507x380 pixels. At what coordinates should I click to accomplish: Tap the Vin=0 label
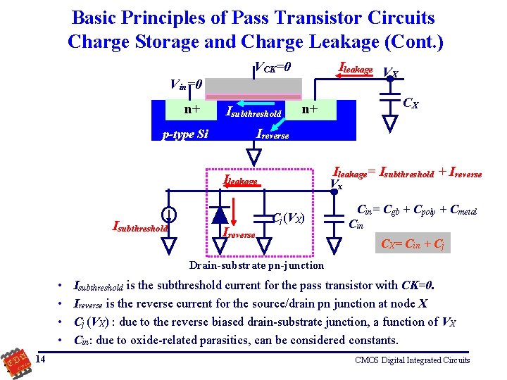tap(187, 84)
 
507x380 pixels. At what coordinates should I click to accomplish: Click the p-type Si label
tap(185, 134)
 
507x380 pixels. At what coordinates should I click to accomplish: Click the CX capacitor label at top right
tap(411, 104)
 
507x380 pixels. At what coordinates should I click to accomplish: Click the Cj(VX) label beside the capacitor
tap(288, 217)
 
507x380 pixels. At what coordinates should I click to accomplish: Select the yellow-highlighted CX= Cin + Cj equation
tap(413, 244)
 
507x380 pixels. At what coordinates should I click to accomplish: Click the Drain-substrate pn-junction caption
tap(257, 265)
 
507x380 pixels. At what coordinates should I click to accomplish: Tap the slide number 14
tap(40, 360)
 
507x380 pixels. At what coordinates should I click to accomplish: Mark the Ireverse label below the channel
tap(273, 134)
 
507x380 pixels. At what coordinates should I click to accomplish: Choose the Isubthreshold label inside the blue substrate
tap(253, 112)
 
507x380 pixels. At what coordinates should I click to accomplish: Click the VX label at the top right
tap(390, 72)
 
